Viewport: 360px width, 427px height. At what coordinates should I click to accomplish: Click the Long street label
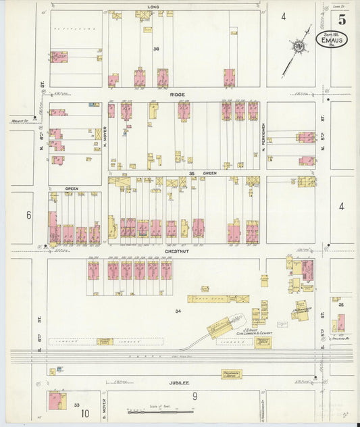(x=152, y=7)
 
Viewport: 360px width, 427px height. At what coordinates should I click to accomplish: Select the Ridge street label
(x=178, y=95)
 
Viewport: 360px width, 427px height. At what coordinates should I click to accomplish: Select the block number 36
(x=155, y=48)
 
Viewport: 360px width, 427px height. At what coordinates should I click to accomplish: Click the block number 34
(x=178, y=311)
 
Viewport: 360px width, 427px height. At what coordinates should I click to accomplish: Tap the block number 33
(x=76, y=405)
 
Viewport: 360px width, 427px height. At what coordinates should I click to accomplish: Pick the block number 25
(x=342, y=305)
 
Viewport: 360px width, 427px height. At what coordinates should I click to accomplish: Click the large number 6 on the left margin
(x=28, y=215)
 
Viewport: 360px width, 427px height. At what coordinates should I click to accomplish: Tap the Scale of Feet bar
(x=152, y=411)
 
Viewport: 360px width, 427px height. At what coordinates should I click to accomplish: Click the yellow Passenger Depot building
(x=232, y=373)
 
